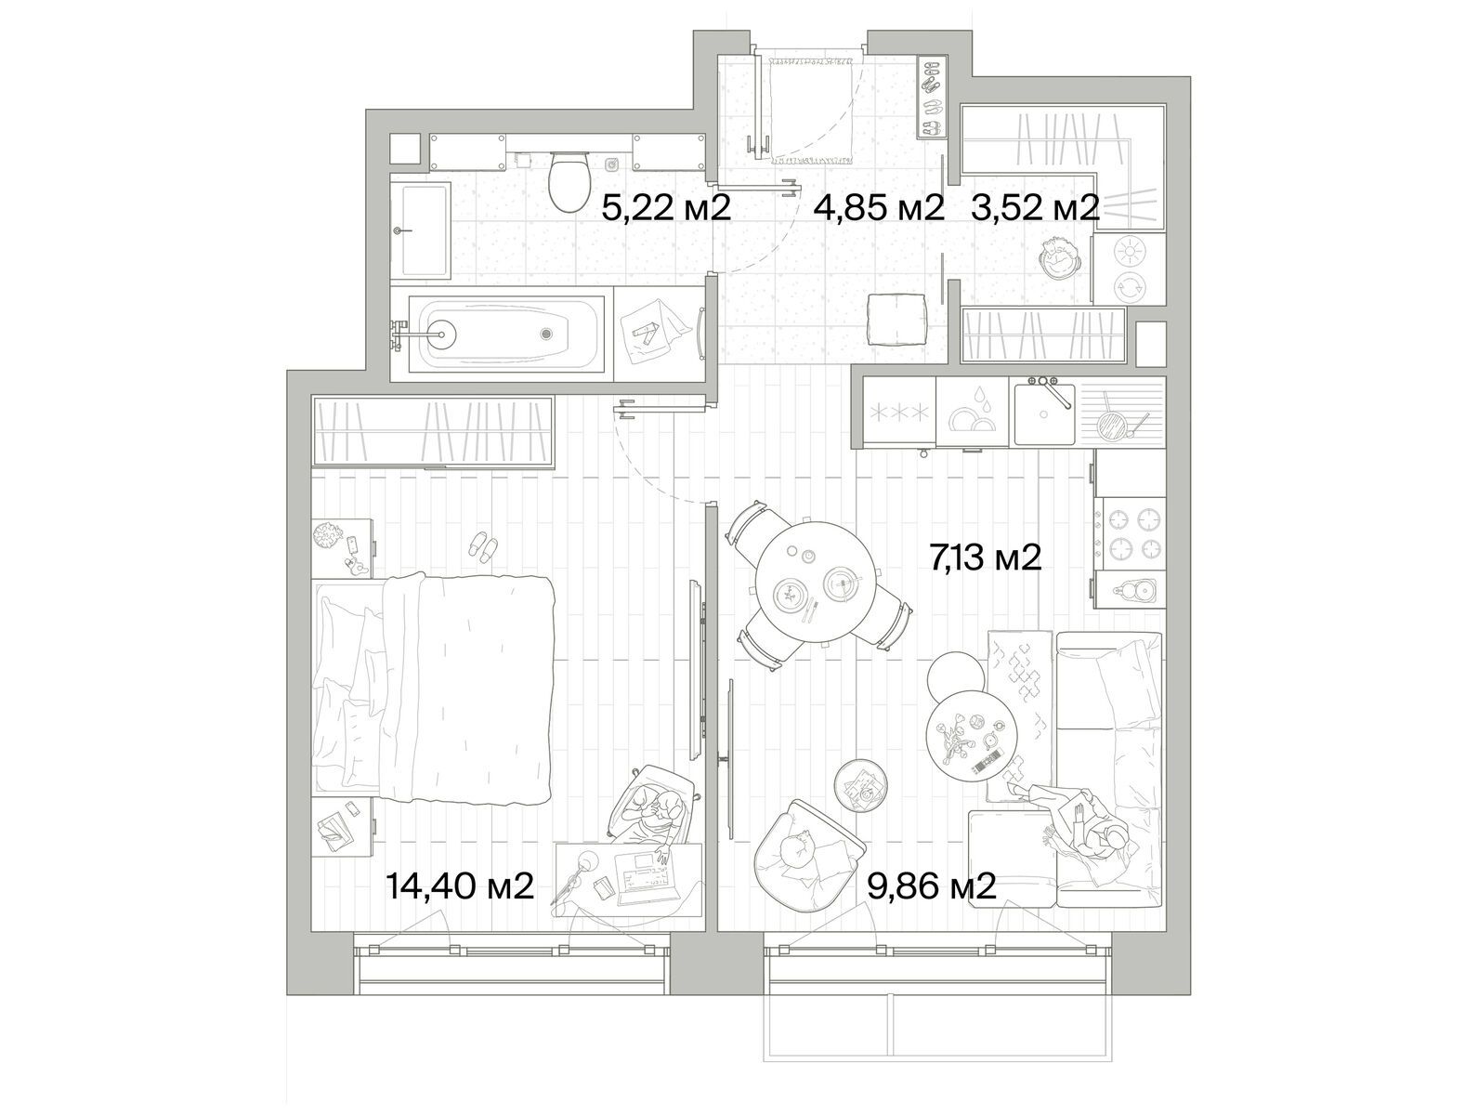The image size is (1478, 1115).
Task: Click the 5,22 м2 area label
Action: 666,209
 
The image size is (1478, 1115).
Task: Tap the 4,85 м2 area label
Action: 879,209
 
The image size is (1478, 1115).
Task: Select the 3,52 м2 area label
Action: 1036,209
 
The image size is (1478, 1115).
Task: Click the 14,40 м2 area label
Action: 460,886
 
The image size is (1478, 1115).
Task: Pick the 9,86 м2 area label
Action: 932,886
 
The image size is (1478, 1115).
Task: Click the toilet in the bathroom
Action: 569,179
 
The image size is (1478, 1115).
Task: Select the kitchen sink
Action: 1043,411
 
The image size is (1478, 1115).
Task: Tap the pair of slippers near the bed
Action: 483,545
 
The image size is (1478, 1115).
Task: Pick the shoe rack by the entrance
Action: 934,98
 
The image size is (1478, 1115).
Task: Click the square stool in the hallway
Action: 896,320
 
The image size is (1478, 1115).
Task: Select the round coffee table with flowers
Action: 973,737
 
